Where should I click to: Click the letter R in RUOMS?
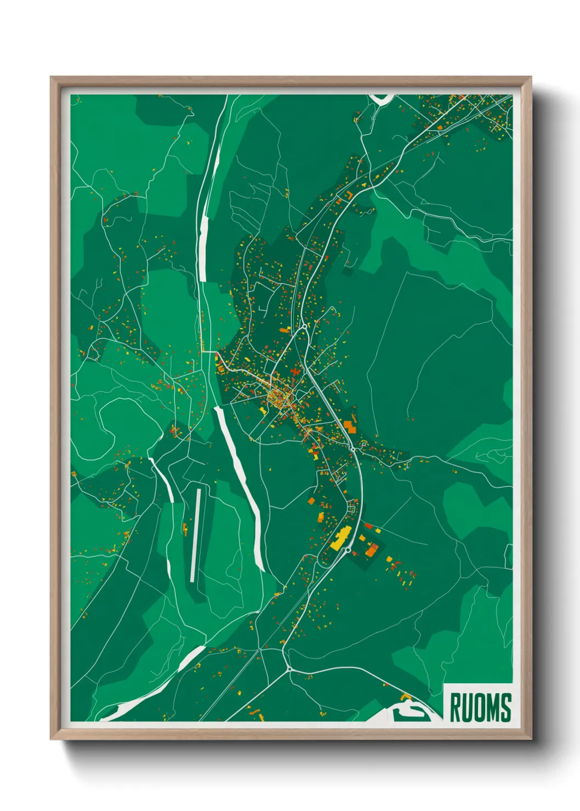coord(455,707)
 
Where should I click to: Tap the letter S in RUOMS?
coord(505,707)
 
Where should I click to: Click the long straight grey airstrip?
coord(195,535)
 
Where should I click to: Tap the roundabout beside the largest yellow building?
coord(347,549)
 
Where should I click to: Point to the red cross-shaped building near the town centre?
coord(297,372)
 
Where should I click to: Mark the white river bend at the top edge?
coord(382,99)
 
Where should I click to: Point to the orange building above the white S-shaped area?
coord(406,696)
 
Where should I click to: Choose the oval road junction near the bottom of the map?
coord(288,669)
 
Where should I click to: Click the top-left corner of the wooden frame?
coord(51,78)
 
